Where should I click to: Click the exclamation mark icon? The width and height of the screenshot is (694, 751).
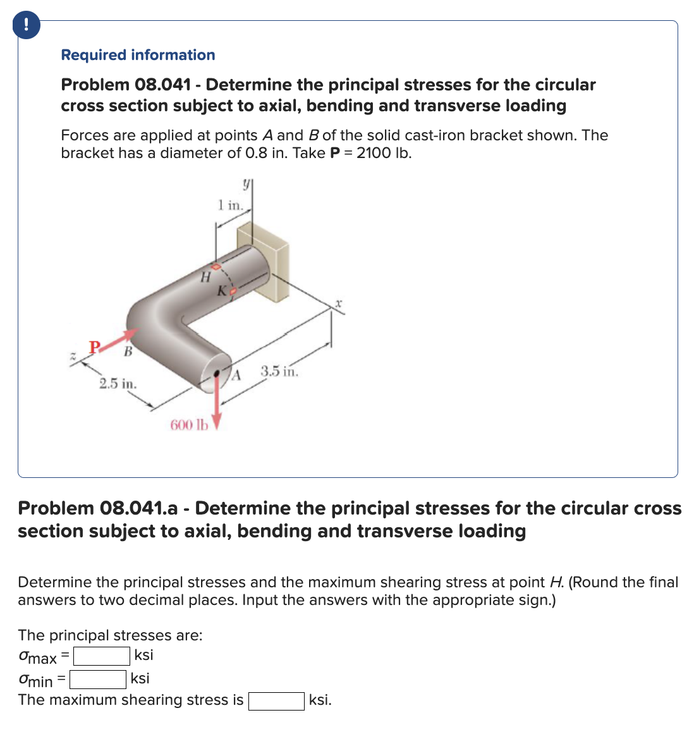[25, 25]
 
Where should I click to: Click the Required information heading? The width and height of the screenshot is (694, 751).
[138, 55]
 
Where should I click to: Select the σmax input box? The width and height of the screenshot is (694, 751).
[102, 657]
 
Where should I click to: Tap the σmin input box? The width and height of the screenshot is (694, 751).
[98, 680]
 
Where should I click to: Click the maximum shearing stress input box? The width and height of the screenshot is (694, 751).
[276, 701]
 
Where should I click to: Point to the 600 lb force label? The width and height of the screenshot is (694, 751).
[188, 425]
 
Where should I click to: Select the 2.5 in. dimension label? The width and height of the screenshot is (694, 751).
[118, 384]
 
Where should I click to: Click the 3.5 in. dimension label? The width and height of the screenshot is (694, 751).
[279, 371]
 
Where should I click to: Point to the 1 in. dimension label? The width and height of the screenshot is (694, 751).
[230, 205]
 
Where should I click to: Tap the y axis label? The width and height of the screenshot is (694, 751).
[245, 184]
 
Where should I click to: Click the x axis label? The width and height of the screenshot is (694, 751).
[339, 304]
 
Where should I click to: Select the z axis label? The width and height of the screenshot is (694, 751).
[73, 357]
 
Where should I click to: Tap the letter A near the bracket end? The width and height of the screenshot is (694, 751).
[236, 377]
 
